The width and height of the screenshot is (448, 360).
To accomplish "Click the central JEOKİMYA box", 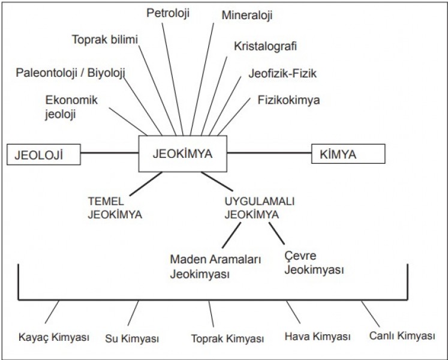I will pos(184,153).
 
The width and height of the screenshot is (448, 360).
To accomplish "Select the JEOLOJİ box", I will pos(43,154).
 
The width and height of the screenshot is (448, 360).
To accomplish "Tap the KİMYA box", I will pos(348,154).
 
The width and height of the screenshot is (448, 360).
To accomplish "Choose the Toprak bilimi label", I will pos(105,40).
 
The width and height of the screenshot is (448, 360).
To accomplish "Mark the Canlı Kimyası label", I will pos(402,336).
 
